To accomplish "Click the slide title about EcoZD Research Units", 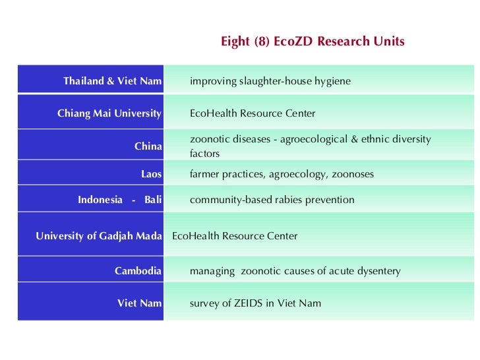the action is pos(313,42).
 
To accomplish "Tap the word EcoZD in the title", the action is pos(293,42).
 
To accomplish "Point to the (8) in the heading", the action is pos(260,42).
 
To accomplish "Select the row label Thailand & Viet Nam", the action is pos(112,81).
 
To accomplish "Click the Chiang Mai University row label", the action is pos(109,113).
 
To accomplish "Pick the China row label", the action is pos(148,146).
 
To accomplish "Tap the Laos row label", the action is pos(151,174).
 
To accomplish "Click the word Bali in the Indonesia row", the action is pos(153,200).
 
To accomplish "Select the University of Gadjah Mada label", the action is pos(99,235).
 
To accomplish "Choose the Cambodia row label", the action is pos(138,271).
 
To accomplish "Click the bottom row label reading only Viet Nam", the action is pos(139,303).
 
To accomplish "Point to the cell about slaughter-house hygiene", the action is pos(270,81).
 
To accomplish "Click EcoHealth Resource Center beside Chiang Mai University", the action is pos(253,113).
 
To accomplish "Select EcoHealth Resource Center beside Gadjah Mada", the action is pos(235,235).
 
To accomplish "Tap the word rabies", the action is pos(287,200).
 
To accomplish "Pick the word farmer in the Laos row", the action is pos(204,174).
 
